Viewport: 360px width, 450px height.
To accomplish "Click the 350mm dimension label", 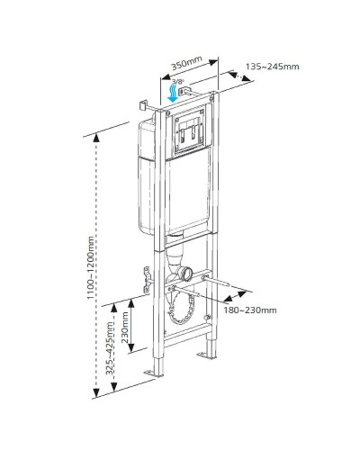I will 185,65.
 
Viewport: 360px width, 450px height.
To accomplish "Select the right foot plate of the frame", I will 208,357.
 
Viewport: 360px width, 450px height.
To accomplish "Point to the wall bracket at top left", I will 145,105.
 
